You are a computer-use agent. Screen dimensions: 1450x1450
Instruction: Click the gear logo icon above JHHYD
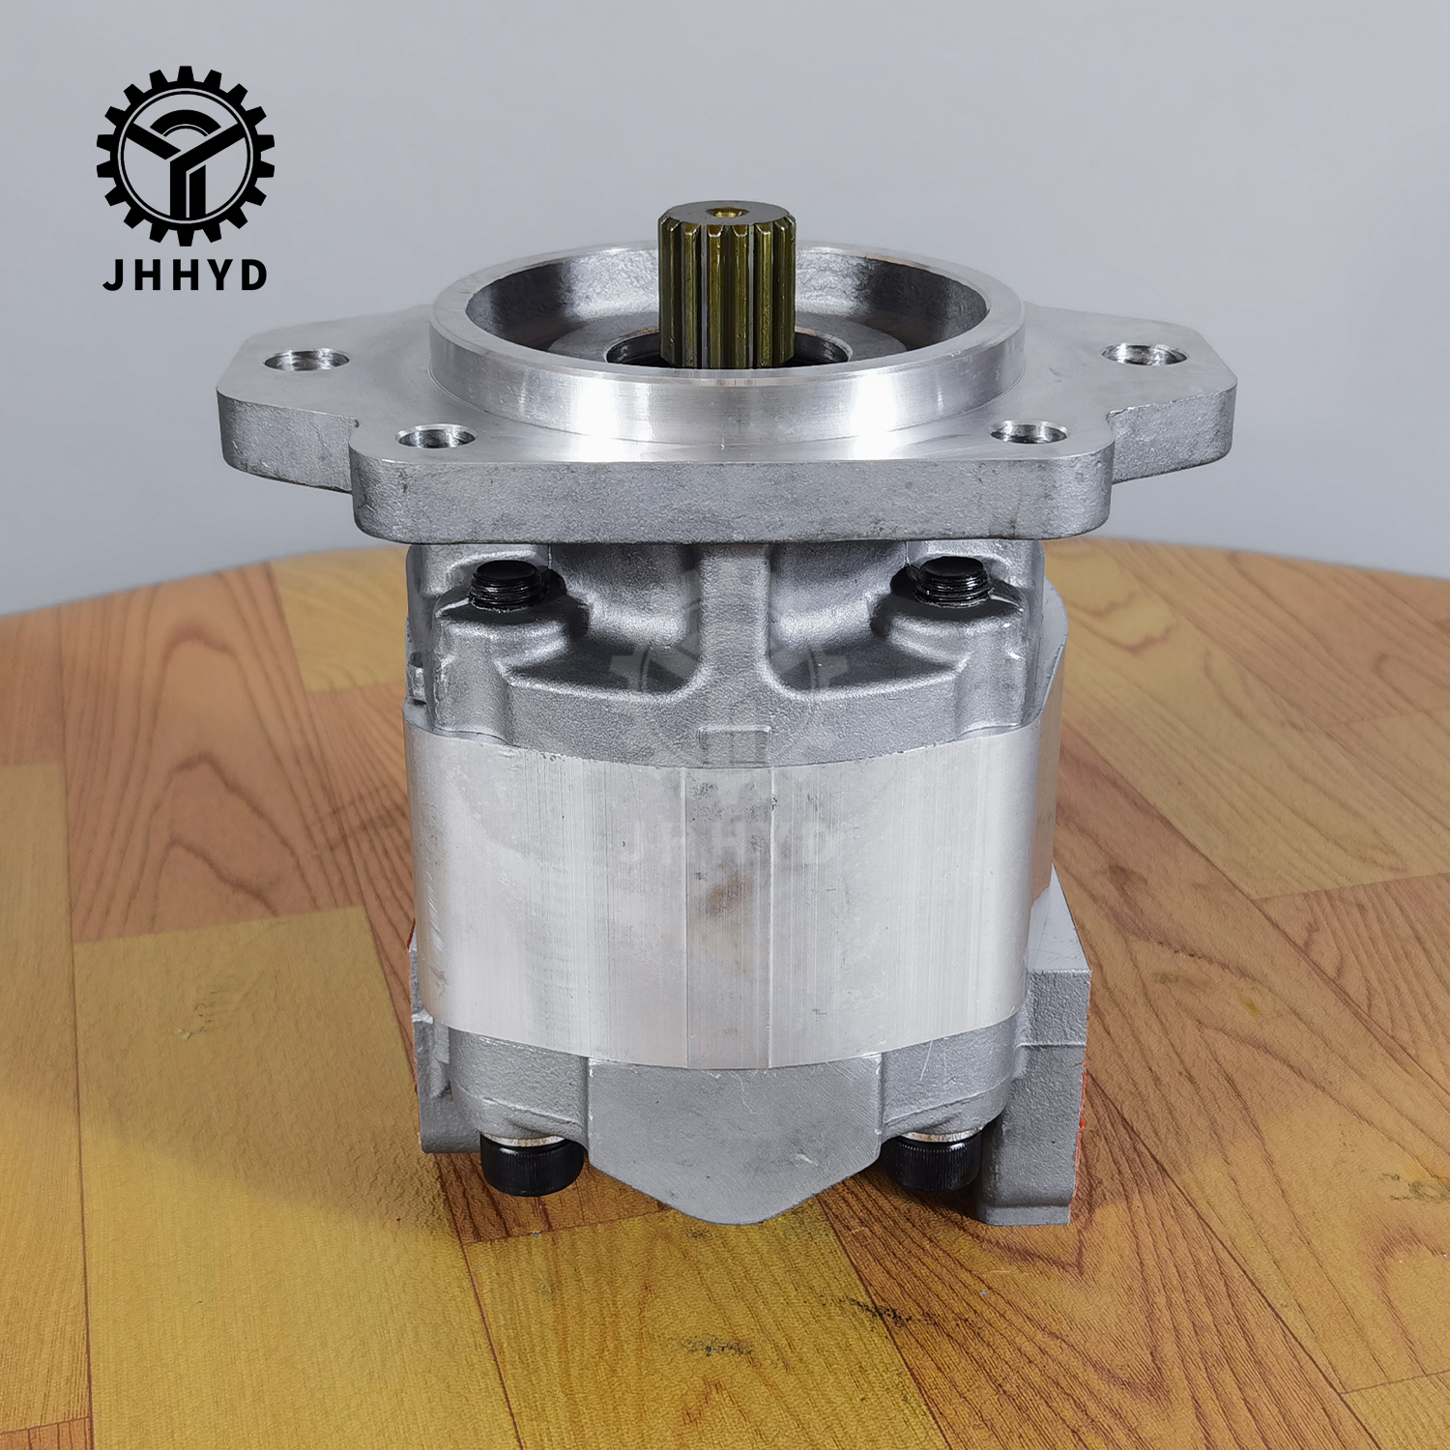[185, 155]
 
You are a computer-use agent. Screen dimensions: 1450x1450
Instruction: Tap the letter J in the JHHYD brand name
[114, 275]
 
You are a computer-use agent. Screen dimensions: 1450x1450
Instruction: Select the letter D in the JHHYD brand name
[252, 275]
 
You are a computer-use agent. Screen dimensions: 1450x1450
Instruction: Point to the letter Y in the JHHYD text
[217, 275]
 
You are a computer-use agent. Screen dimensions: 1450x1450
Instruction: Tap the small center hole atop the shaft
[721, 209]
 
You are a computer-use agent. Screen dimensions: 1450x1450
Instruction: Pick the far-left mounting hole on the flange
[307, 361]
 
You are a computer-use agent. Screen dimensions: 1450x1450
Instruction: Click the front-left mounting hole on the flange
[436, 438]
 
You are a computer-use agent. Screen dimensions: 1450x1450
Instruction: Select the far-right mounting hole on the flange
[1145, 354]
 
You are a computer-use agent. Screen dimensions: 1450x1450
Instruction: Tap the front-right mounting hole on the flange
[1029, 432]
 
